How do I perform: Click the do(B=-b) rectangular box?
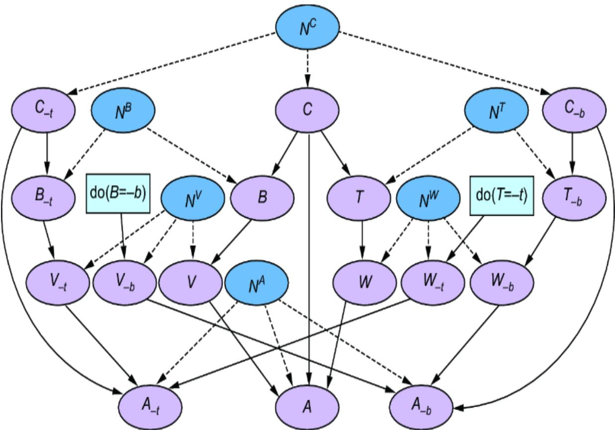(x=118, y=193)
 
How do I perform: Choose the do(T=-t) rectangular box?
(x=502, y=195)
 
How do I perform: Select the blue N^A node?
(x=257, y=283)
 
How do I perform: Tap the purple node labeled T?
(x=359, y=197)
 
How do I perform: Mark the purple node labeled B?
(x=263, y=197)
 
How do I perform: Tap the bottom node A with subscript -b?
(x=421, y=407)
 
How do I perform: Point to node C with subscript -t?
(x=44, y=109)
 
